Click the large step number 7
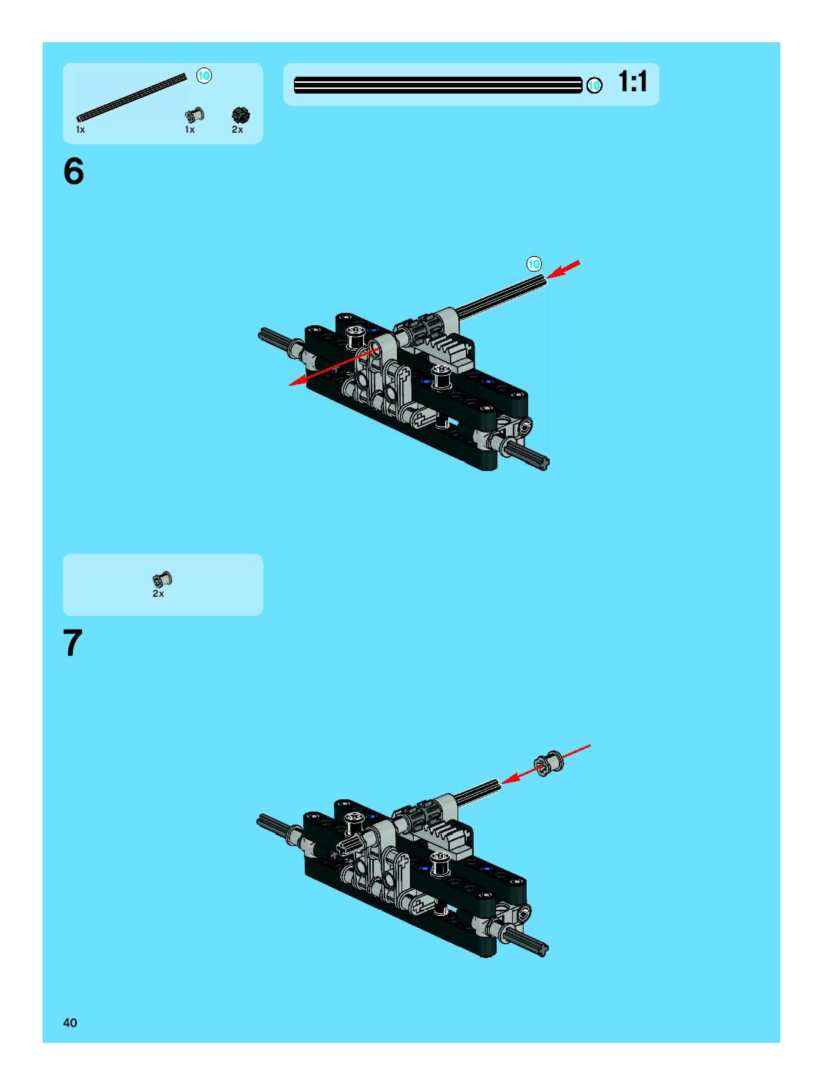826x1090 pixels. pyautogui.click(x=73, y=643)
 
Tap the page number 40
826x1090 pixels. pyautogui.click(x=70, y=1022)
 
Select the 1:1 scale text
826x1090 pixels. pyautogui.click(x=632, y=82)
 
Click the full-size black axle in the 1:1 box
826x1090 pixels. pyautogui.click(x=438, y=85)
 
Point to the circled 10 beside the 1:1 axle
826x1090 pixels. pyautogui.click(x=594, y=85)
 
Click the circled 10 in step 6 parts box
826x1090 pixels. pyautogui.click(x=204, y=76)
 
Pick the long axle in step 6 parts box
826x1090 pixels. pyautogui.click(x=132, y=97)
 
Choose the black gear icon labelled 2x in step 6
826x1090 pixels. pyautogui.click(x=241, y=115)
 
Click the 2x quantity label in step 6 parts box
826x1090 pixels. pyautogui.click(x=237, y=130)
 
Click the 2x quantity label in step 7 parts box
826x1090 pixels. pyautogui.click(x=158, y=594)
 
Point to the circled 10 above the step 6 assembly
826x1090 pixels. pyautogui.click(x=534, y=264)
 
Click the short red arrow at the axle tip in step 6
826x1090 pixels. pyautogui.click(x=563, y=270)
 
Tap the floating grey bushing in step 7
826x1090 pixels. pyautogui.click(x=549, y=764)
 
